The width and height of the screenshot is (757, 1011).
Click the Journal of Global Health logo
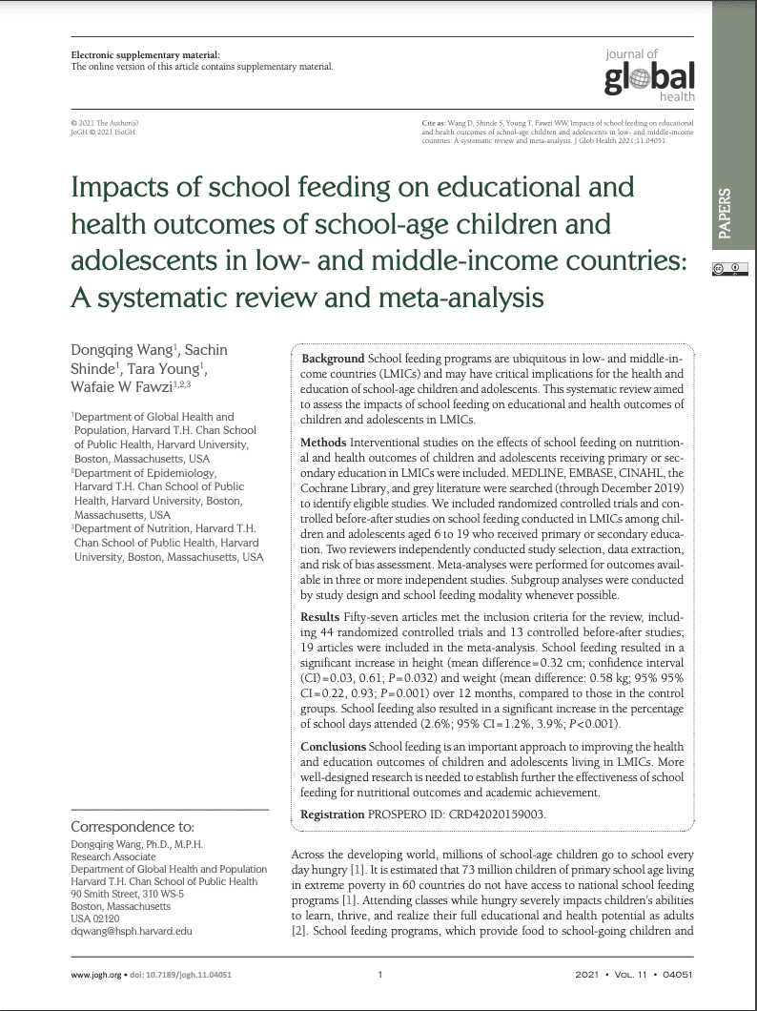point(649,75)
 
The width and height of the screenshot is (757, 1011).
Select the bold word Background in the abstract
point(332,357)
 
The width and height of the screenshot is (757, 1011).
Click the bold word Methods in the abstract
point(323,444)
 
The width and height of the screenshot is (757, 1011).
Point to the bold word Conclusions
point(333,747)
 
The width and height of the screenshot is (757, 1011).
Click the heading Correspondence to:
point(133,827)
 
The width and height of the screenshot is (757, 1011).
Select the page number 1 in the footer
point(380,975)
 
